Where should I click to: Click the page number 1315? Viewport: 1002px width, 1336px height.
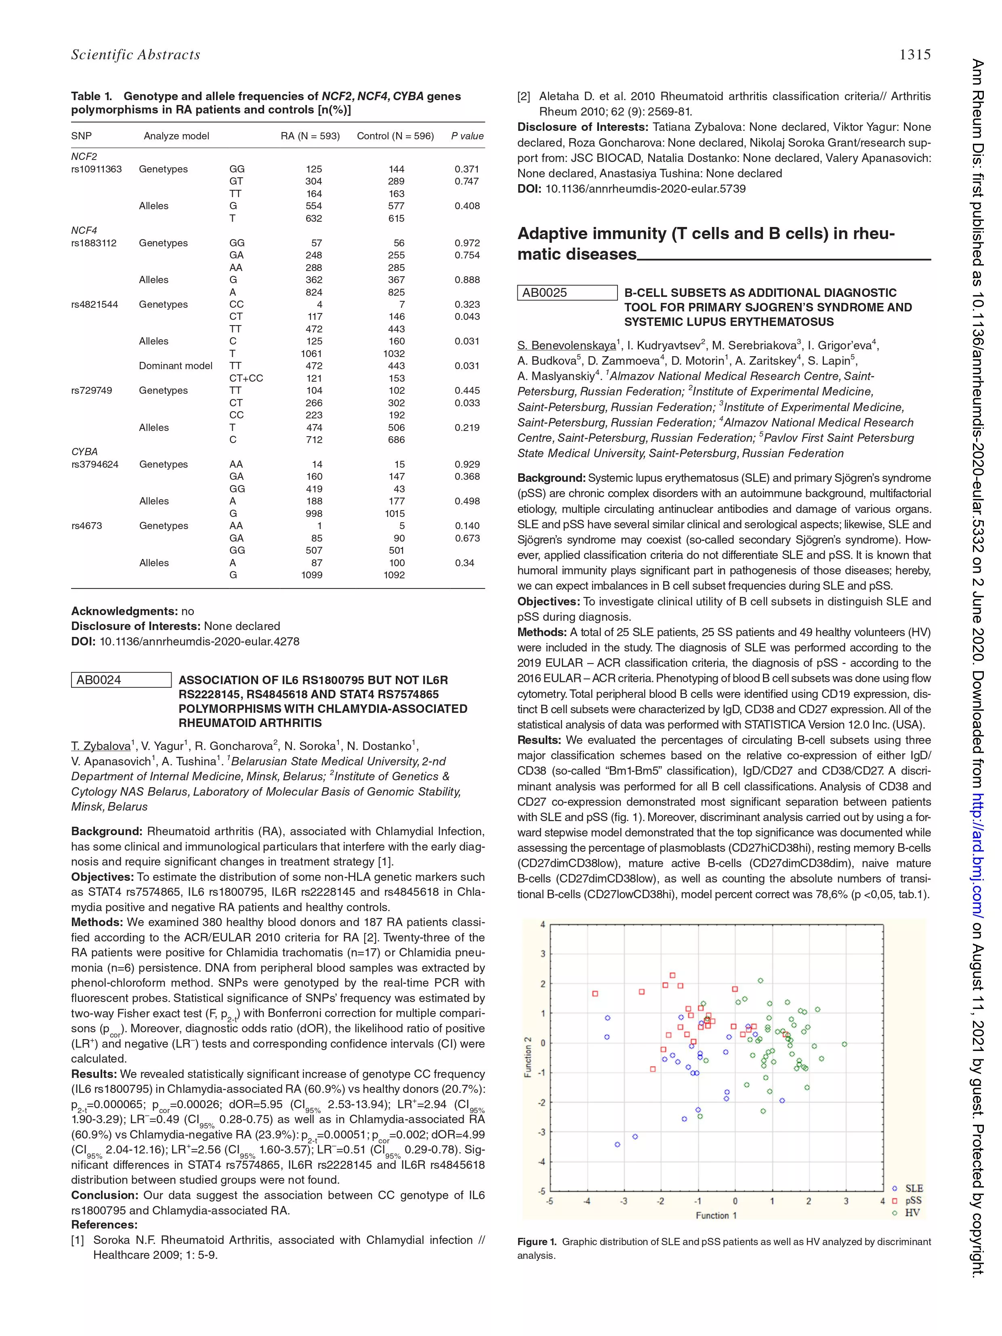coord(914,55)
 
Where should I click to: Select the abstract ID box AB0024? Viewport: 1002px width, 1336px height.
coord(121,680)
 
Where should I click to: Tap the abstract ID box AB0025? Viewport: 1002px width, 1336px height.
coord(567,293)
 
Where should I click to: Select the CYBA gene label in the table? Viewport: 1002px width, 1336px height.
coord(84,452)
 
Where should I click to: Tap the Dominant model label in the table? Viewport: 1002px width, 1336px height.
coord(175,366)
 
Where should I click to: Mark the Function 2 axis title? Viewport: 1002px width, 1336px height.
coord(527,1057)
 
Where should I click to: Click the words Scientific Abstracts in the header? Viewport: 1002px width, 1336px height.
coord(135,55)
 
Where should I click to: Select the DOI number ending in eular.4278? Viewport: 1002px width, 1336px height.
coord(200,641)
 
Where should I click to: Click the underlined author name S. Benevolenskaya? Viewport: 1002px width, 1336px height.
coord(566,345)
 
